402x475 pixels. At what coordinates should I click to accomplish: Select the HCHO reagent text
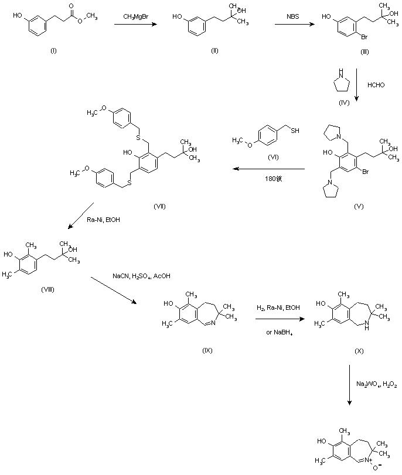click(x=375, y=85)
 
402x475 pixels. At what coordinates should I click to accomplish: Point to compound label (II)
click(x=214, y=52)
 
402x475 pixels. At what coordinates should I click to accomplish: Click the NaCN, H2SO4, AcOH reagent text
click(x=141, y=275)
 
